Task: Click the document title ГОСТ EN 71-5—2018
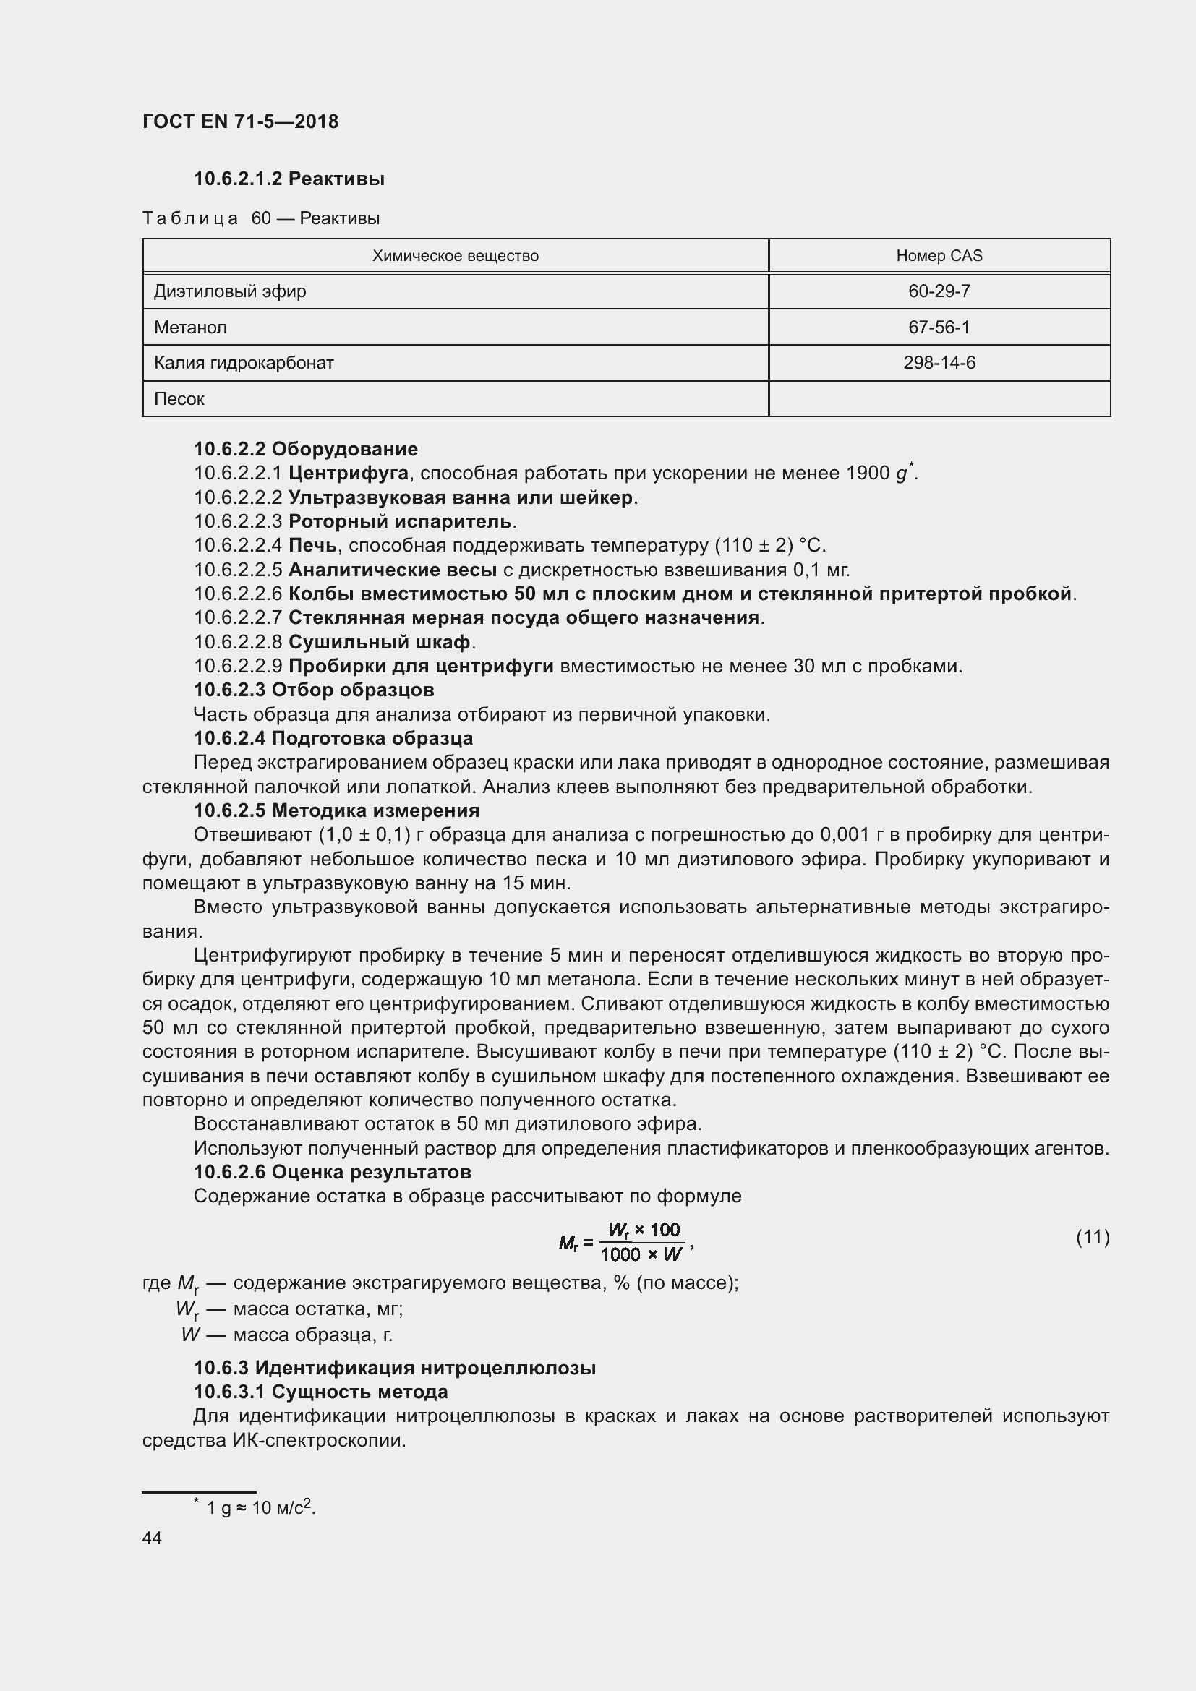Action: [240, 121]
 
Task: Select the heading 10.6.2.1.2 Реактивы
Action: [289, 179]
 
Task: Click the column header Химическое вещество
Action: [455, 255]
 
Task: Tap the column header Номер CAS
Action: [939, 255]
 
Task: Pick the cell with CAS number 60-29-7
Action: [939, 291]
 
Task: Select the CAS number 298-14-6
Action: [939, 362]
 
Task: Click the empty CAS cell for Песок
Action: [939, 398]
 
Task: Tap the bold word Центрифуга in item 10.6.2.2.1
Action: [349, 473]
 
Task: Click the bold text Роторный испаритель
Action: [400, 521]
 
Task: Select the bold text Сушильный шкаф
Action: [380, 642]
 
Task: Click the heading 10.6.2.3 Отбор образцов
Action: [314, 690]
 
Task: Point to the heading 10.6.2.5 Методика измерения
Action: [336, 811]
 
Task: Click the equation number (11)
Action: [1092, 1237]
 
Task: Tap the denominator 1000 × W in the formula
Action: [641, 1254]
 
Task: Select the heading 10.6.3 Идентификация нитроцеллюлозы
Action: [395, 1369]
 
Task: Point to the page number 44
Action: [152, 1538]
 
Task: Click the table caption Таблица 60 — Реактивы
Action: [261, 218]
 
